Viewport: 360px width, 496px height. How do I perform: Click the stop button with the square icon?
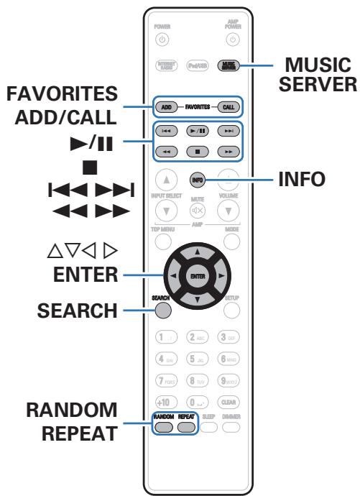coord(195,152)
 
